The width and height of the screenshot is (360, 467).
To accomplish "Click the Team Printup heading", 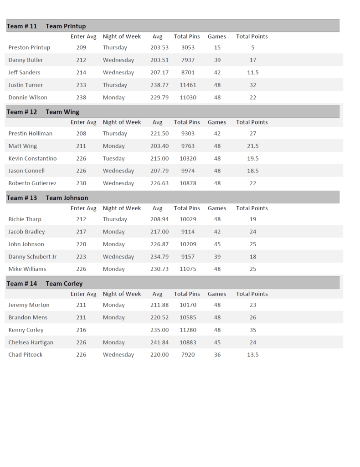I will (x=66, y=26).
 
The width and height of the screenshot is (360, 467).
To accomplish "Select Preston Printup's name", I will (x=29, y=47).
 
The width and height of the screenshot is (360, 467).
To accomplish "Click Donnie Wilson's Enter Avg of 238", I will (x=81, y=97).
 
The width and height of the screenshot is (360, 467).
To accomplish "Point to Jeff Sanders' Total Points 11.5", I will (x=253, y=73).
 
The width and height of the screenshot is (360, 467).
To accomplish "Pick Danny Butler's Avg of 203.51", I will (x=159, y=60).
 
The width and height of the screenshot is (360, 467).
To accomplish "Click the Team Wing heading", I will (x=62, y=112).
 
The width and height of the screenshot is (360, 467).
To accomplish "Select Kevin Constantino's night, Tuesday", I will (x=113, y=158).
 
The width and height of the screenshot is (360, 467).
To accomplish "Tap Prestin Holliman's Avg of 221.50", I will (x=159, y=134).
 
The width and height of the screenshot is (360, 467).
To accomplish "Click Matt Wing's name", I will (x=23, y=146).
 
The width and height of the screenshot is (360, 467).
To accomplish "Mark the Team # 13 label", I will (x=22, y=198).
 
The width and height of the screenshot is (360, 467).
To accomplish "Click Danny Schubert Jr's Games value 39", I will (x=217, y=257).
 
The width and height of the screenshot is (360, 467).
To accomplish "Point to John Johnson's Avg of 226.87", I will (x=159, y=244).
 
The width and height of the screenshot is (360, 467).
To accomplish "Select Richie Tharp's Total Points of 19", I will (x=253, y=219).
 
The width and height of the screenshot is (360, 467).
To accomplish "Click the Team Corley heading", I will (x=64, y=284).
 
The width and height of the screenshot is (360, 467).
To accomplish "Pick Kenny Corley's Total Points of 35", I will (x=253, y=330).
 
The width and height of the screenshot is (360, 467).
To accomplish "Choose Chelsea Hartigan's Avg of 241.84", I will (x=159, y=342).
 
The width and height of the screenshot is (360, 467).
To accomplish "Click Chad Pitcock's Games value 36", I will (x=217, y=355).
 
